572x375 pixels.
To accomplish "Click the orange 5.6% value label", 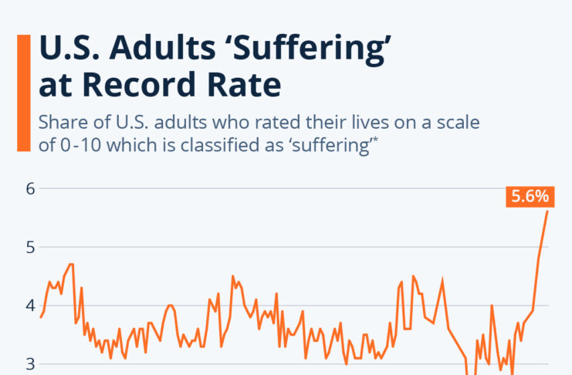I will [527, 197].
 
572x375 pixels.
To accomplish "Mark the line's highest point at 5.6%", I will [547, 211].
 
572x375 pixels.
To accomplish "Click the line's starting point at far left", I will [40, 317].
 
